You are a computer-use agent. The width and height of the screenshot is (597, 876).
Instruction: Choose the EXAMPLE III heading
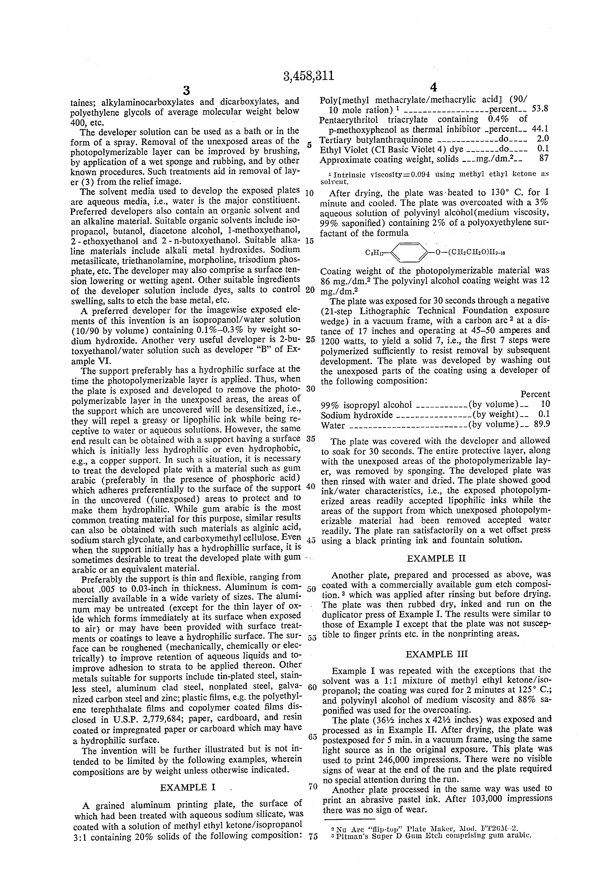(x=437, y=654)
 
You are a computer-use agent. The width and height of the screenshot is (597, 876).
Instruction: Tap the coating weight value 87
(x=544, y=159)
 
